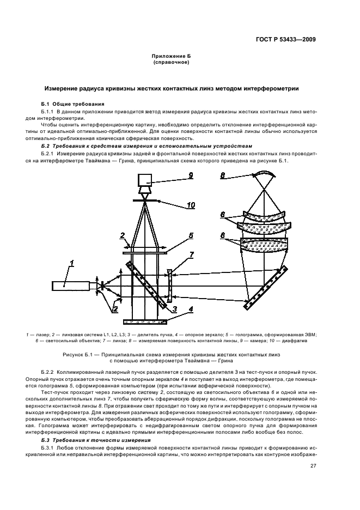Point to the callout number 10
tap(191, 205)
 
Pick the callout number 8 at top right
tap(223, 175)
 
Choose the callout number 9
tap(191, 175)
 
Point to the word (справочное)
tap(172, 63)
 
